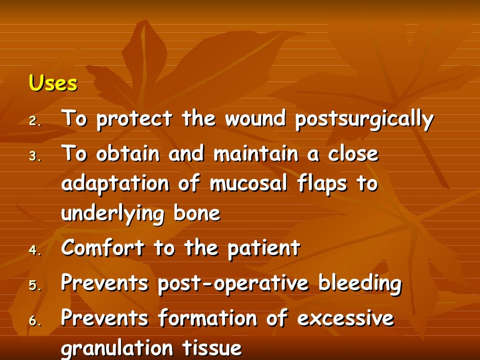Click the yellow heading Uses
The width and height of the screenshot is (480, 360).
(x=53, y=84)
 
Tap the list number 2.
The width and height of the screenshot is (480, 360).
(x=35, y=121)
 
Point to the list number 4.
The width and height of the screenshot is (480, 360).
(x=35, y=250)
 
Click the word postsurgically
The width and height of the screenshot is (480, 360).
(x=364, y=120)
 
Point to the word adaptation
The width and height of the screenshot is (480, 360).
(x=114, y=184)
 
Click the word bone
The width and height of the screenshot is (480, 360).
(x=197, y=213)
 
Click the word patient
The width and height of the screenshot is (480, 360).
(x=263, y=248)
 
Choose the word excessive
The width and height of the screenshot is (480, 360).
(x=345, y=319)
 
